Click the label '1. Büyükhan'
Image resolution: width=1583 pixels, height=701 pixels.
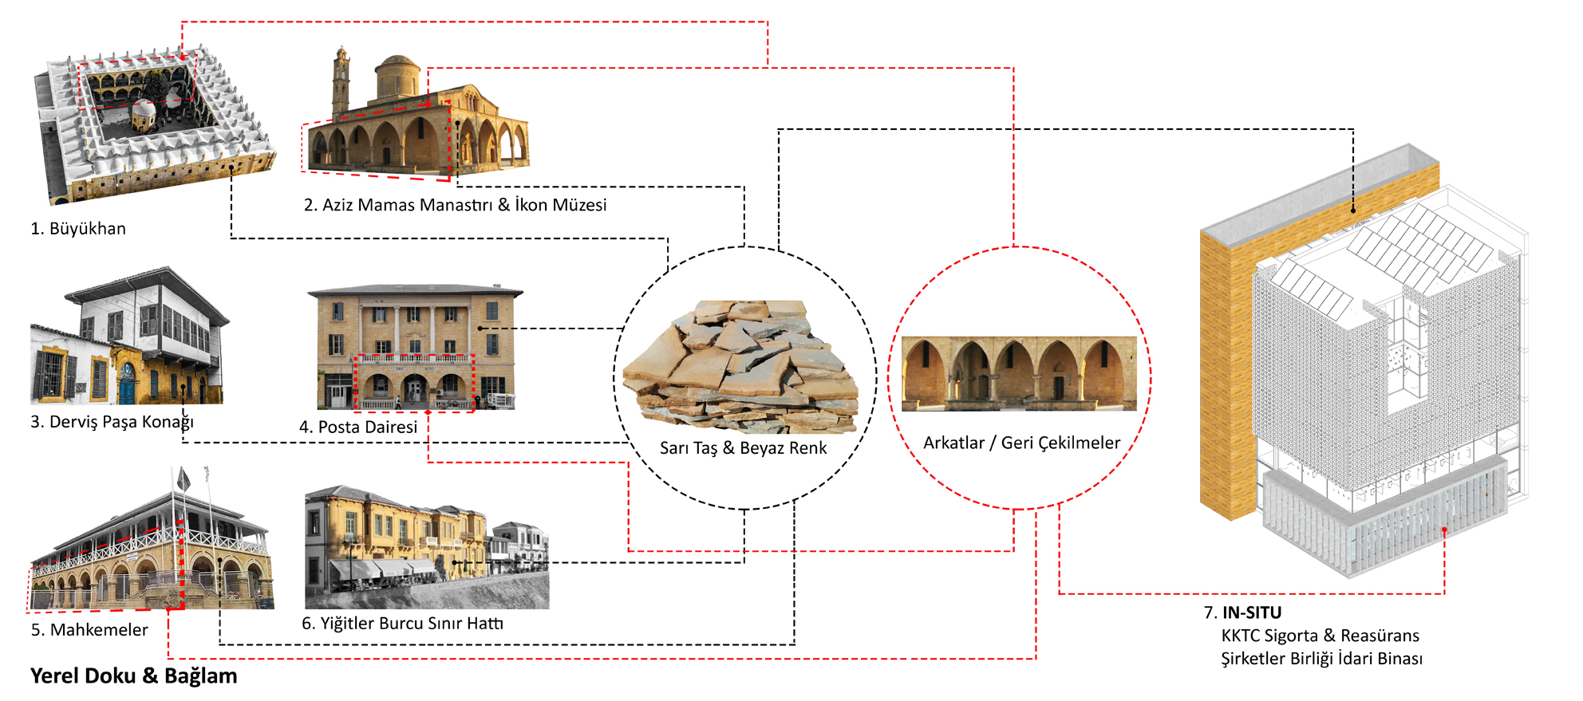click(78, 229)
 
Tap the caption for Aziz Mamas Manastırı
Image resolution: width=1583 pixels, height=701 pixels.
click(455, 205)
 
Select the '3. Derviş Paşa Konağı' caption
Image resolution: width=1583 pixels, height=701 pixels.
click(112, 422)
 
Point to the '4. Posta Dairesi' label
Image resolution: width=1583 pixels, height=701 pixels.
click(358, 427)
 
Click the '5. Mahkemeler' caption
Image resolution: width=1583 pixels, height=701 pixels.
click(89, 630)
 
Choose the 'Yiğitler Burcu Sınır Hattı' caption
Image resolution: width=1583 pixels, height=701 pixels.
click(402, 624)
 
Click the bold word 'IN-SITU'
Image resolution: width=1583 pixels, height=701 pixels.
click(1252, 612)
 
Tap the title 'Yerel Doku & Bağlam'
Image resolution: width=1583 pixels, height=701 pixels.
click(134, 676)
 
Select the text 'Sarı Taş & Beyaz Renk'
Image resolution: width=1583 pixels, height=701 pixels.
click(743, 448)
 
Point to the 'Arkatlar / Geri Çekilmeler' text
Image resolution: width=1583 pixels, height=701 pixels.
click(1021, 443)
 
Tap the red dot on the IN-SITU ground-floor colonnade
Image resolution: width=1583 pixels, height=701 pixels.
click(1444, 530)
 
